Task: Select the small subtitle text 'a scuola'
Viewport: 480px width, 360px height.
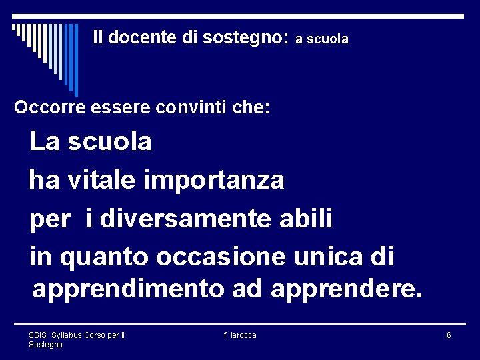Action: [322, 40]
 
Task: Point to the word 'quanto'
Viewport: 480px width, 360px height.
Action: [104, 257]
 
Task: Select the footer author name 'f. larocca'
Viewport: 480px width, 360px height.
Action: [240, 335]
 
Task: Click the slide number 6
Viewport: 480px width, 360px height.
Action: [449, 335]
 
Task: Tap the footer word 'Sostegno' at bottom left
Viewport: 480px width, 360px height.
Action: [45, 344]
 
